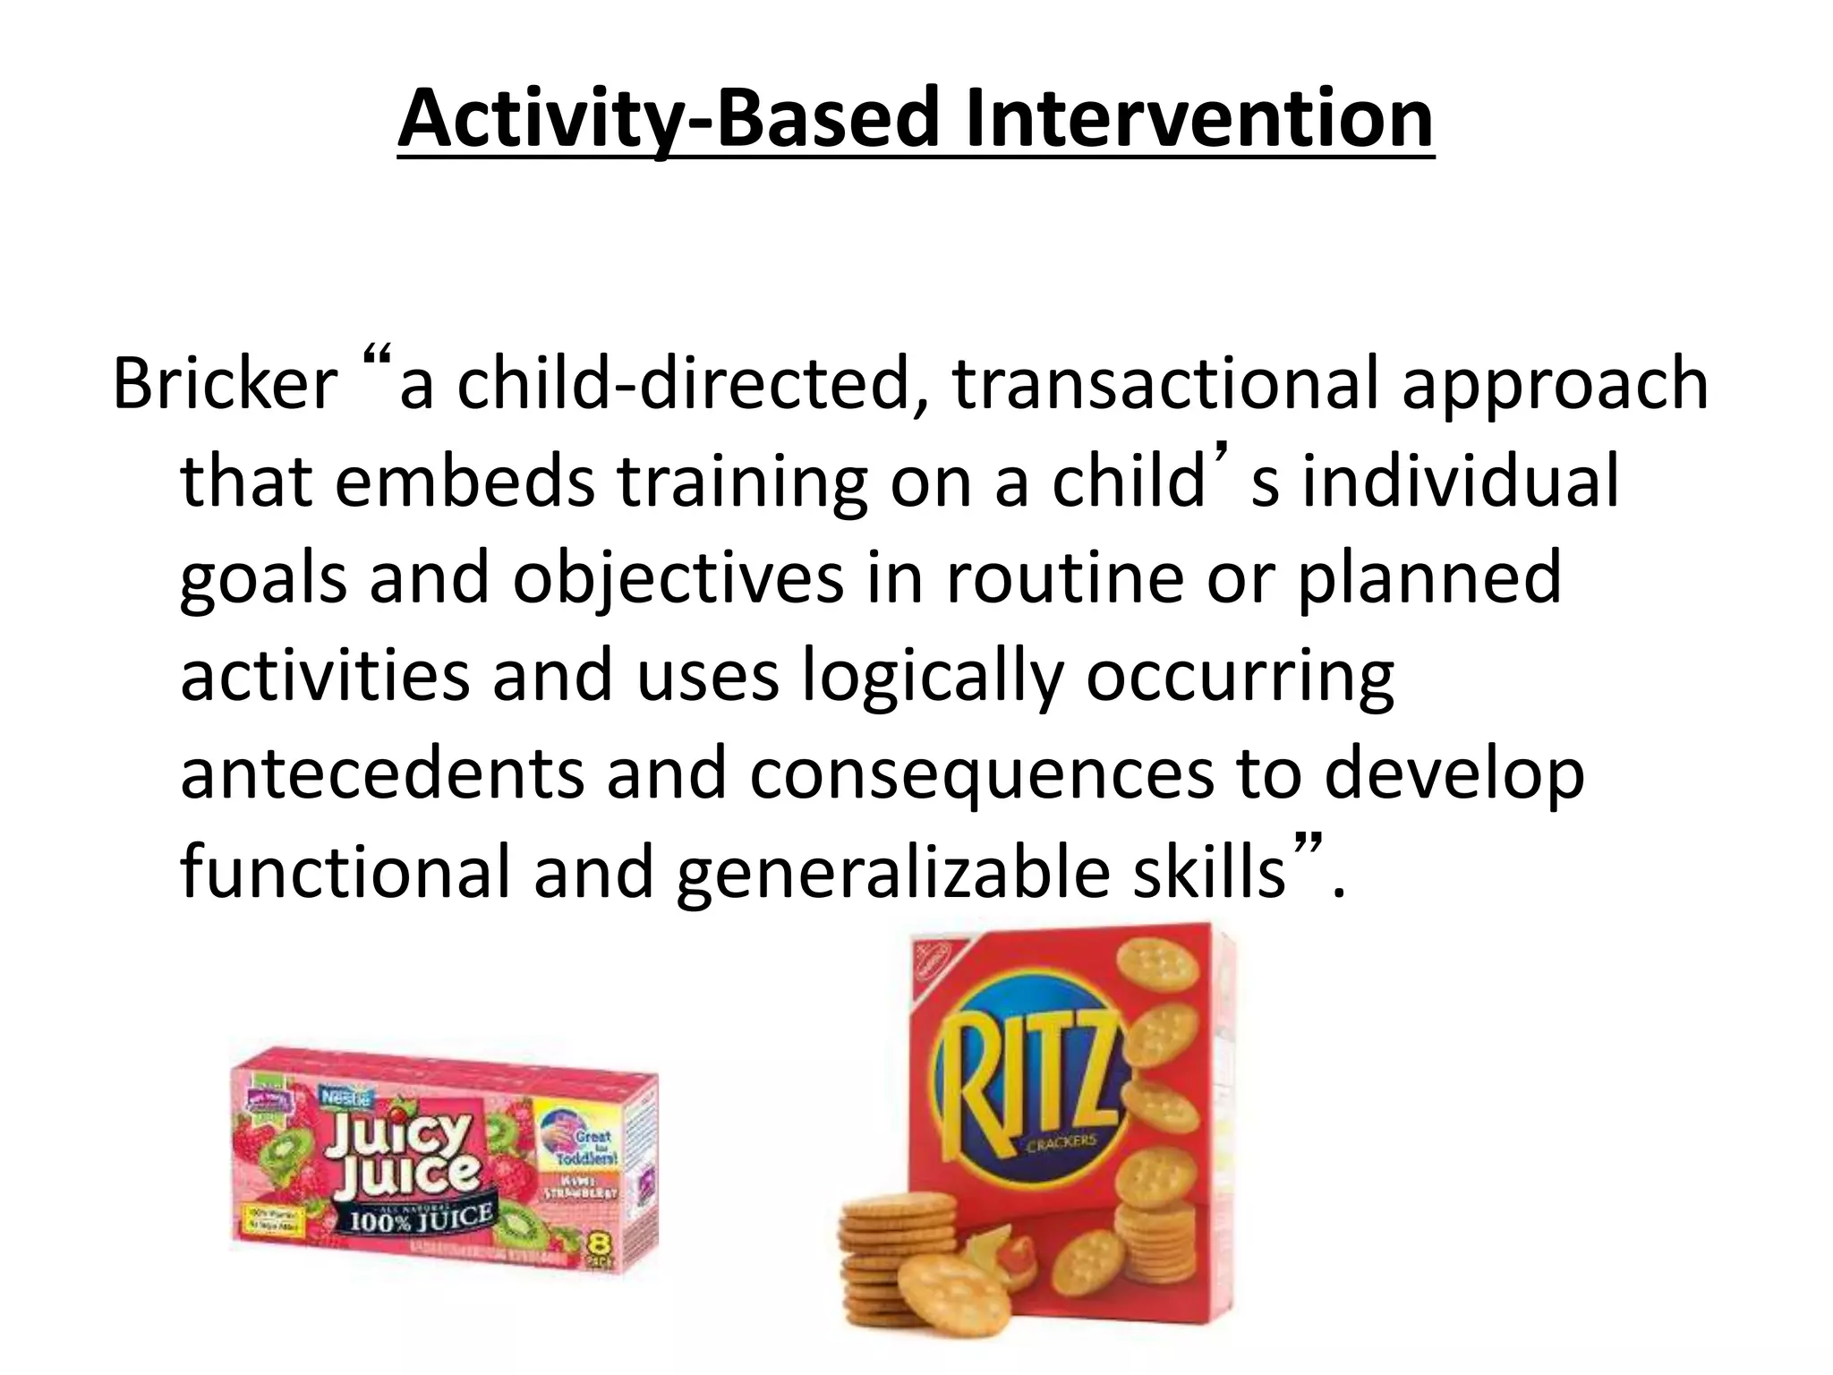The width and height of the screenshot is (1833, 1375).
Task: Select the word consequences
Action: pos(982,775)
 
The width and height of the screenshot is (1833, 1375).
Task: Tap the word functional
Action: pos(345,874)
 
